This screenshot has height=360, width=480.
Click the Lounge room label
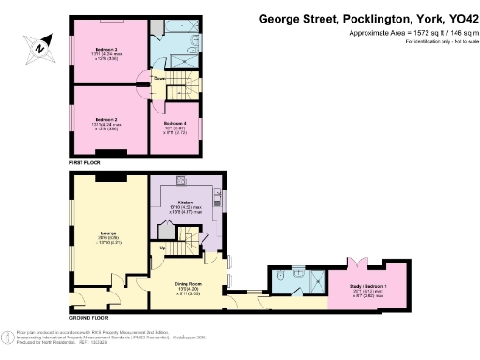coord(108,236)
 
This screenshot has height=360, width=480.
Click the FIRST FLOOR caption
coord(85,162)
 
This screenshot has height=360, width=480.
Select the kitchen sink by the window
coord(217,198)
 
